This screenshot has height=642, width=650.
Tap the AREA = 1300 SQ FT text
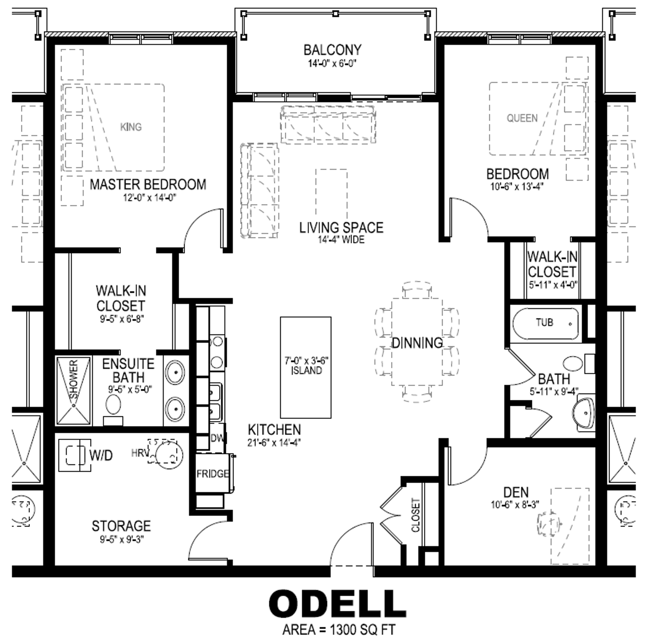(x=339, y=630)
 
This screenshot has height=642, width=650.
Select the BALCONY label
(x=332, y=50)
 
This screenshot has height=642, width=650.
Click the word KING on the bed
(x=131, y=127)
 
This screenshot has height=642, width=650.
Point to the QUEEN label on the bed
(x=522, y=118)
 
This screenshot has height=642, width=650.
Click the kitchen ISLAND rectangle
(x=306, y=367)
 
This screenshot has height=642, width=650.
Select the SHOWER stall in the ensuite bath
(x=74, y=390)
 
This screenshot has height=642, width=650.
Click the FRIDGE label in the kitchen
(x=213, y=474)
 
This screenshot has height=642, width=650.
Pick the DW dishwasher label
(x=217, y=438)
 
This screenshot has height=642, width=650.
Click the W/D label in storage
(x=101, y=456)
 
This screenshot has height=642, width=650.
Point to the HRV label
(x=139, y=453)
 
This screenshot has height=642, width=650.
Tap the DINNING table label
(x=417, y=343)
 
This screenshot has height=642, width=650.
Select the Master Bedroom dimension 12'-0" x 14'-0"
(x=149, y=198)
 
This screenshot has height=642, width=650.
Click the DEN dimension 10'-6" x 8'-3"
(x=515, y=505)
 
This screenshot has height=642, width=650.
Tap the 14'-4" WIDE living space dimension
(x=341, y=240)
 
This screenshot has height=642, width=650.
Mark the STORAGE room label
(x=121, y=526)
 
